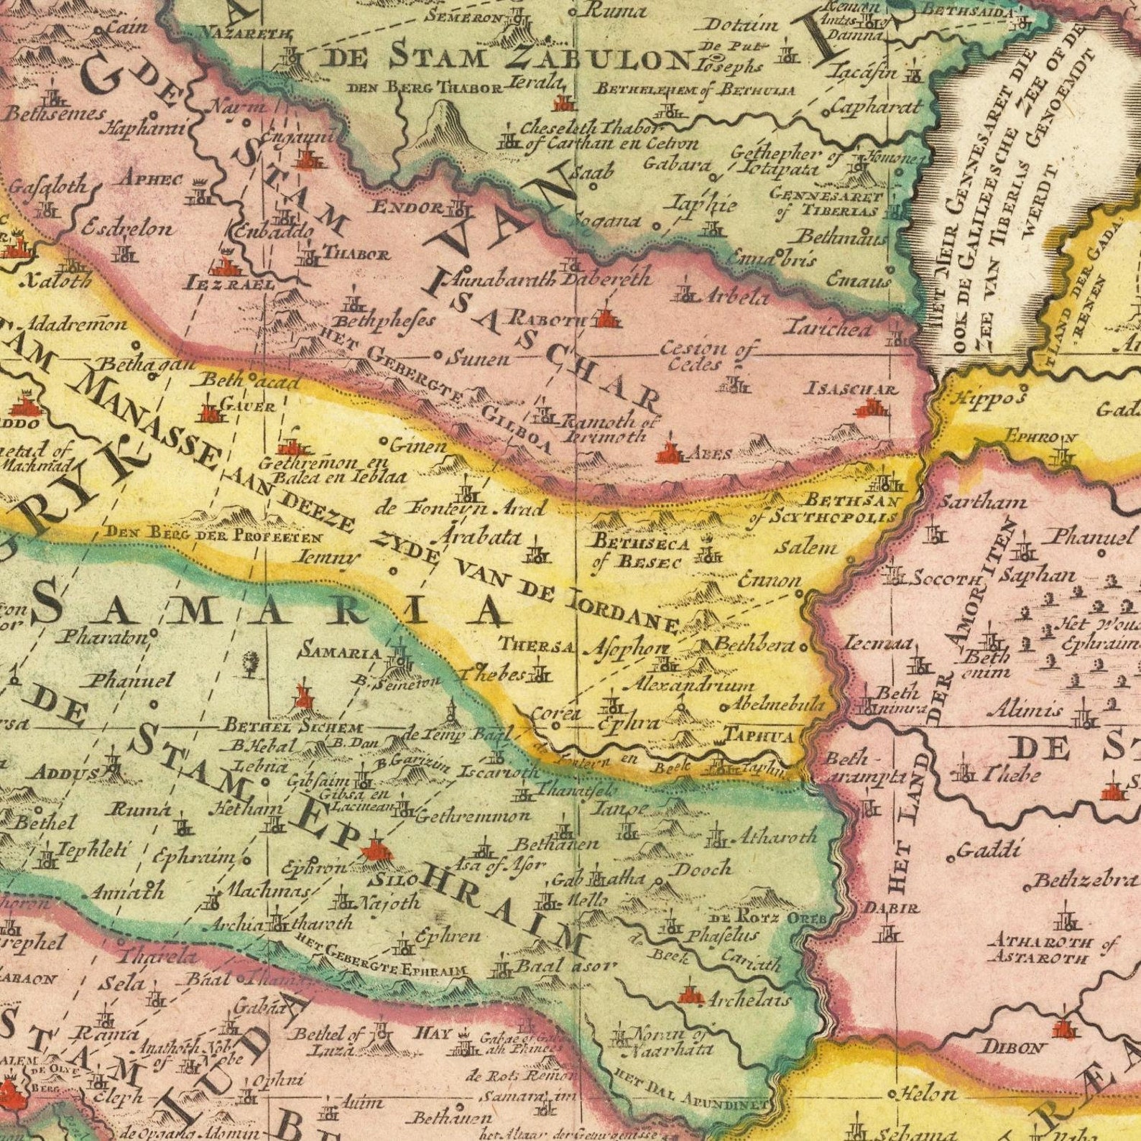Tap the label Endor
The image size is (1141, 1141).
[x=407, y=208]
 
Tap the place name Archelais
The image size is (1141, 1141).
[x=748, y=999]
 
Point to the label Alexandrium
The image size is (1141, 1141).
[x=693, y=687]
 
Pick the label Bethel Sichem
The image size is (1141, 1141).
[x=293, y=728]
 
